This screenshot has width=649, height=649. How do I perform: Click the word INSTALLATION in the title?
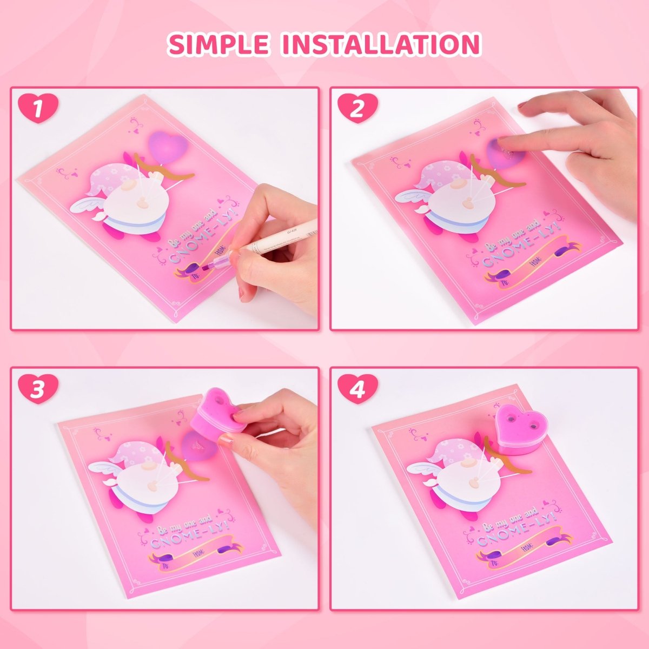381,44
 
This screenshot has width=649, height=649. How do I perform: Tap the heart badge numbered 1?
38,108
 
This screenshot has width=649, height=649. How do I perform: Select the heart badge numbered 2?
357,108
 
